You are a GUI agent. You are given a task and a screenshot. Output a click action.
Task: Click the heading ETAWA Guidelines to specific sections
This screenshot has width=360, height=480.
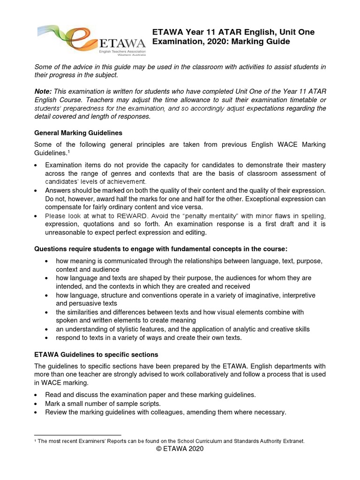(96, 354)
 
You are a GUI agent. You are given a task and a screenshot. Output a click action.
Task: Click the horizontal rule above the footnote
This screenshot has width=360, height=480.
(77, 435)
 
